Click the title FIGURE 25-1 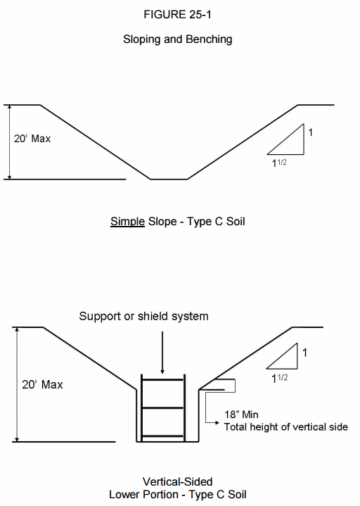tap(177, 15)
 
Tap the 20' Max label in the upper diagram tap(32, 139)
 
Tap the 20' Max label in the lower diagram tap(42, 385)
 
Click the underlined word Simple tap(128, 222)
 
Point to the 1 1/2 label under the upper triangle tap(279, 163)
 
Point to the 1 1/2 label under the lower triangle tap(279, 378)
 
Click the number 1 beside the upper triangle tap(310, 132)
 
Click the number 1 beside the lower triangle tap(304, 353)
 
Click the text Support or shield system tap(143, 316)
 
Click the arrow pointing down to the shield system tap(162, 353)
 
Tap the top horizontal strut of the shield tap(162, 380)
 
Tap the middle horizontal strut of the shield tap(162, 408)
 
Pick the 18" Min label tap(241, 415)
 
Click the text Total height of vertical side tap(286, 427)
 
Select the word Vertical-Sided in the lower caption tap(178, 482)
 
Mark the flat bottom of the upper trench tap(169, 179)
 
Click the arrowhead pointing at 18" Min tap(217, 422)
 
